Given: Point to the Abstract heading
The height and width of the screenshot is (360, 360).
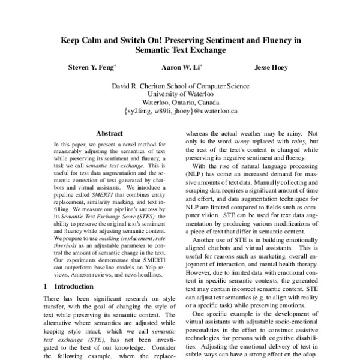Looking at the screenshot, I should tap(109, 133).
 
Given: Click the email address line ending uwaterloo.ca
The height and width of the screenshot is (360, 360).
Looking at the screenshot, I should tap(180, 111).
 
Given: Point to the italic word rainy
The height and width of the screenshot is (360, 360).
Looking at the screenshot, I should tap(298, 142).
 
